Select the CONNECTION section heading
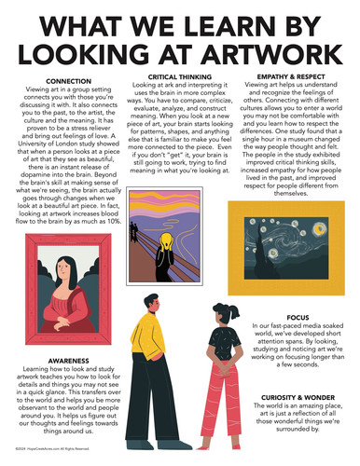point(67,81)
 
